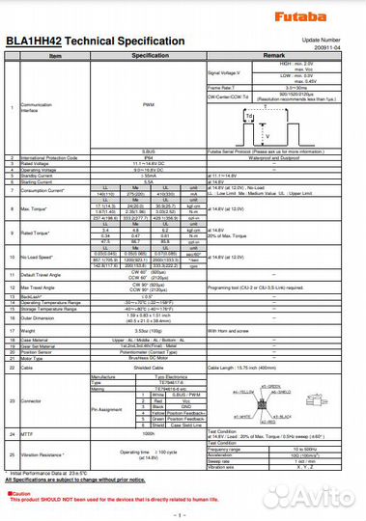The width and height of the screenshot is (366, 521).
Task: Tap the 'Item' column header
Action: tap(55, 57)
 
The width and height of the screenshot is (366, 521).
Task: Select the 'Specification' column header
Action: tap(149, 57)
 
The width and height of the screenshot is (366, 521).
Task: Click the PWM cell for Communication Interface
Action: tap(149, 104)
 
